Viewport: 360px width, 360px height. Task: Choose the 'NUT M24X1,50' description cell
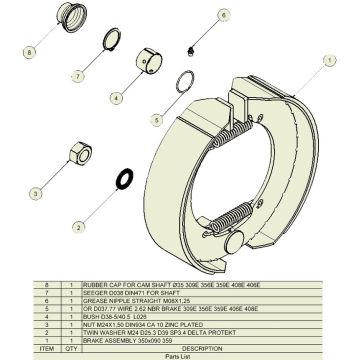(x=150, y=322)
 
